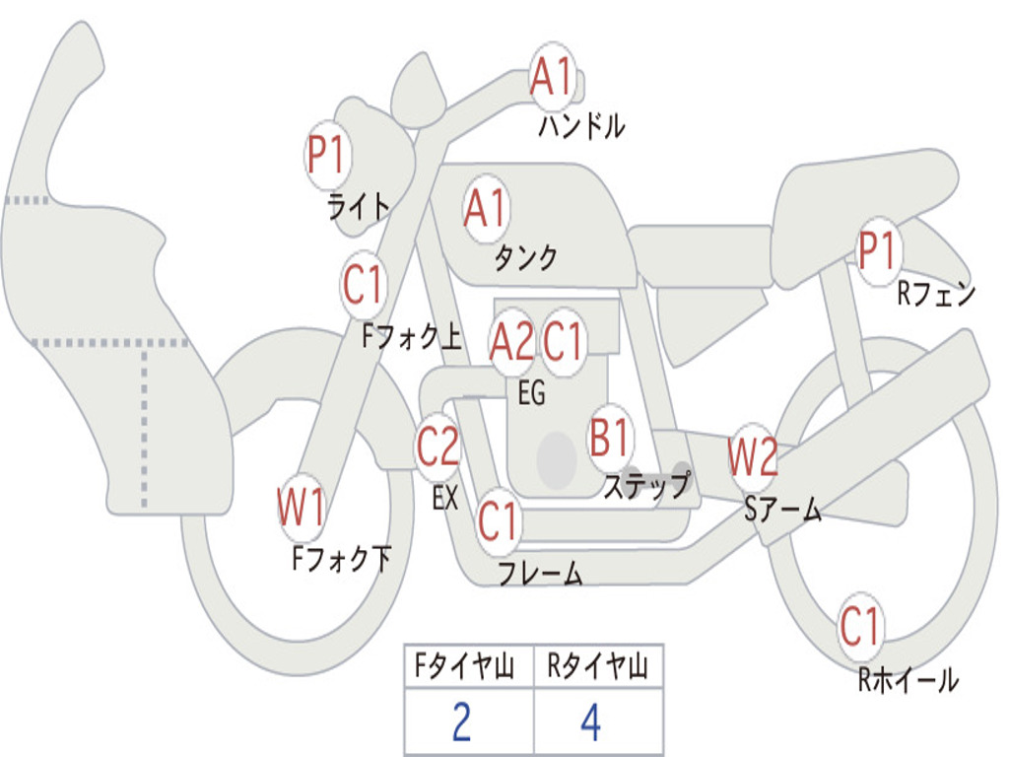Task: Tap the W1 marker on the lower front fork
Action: [x=302, y=510]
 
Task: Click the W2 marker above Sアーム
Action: [x=753, y=456]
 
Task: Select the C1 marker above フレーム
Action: [x=498, y=521]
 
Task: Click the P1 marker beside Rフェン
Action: [x=876, y=252]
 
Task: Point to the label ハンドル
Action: [x=581, y=126]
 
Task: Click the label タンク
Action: [x=525, y=258]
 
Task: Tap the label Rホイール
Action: [x=908, y=680]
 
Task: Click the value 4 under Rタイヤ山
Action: [x=590, y=723]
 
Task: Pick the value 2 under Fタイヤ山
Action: [x=461, y=723]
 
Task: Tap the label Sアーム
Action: [x=783, y=510]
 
